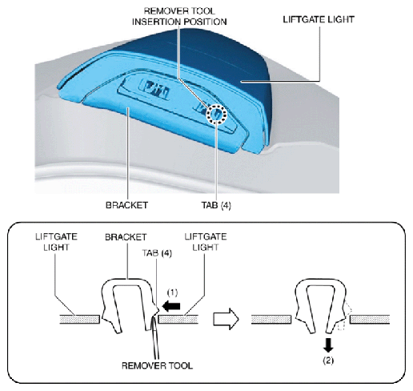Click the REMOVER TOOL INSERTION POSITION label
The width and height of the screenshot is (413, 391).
coord(179,16)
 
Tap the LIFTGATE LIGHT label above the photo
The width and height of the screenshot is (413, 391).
coord(319,19)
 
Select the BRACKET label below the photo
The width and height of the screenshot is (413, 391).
coord(126,205)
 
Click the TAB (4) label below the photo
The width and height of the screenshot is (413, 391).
coord(216,205)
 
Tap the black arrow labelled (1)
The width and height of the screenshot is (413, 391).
coord(171,306)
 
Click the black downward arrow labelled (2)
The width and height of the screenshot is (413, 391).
coord(328,345)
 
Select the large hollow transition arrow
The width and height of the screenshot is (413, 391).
coord(226,319)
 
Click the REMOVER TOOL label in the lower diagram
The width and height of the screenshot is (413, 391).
coord(157,365)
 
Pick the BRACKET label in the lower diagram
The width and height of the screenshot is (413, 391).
coord(126,237)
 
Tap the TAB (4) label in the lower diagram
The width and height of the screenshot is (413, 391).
coord(157,253)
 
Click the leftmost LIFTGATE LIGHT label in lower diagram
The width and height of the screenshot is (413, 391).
coord(56,242)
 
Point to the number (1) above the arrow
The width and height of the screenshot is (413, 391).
coord(172,292)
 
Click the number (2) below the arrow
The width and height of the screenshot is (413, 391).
coord(328,361)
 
